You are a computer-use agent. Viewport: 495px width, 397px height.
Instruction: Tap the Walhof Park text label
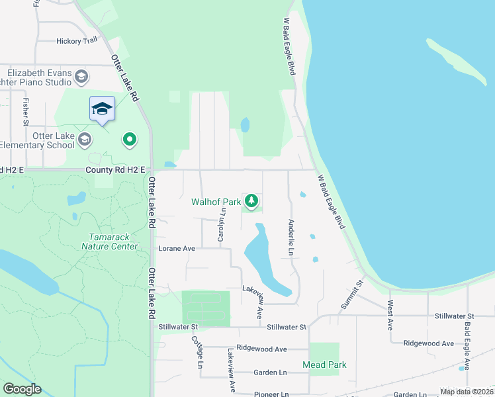click(216, 202)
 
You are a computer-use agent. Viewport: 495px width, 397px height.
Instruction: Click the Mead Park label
click(324, 365)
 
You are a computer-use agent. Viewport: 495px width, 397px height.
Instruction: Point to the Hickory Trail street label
click(77, 41)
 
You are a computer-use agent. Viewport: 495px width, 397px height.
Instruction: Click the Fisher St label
click(25, 112)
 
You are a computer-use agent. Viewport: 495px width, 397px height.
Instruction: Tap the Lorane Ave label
click(177, 248)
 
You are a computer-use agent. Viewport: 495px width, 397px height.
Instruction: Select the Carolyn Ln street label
click(223, 224)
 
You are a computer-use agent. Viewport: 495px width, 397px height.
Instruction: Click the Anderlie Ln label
click(291, 238)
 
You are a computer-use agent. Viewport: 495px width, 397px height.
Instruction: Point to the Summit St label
click(357, 292)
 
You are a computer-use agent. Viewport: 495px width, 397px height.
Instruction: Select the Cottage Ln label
click(196, 352)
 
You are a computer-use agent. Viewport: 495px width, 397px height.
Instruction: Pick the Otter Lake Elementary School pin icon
click(84, 139)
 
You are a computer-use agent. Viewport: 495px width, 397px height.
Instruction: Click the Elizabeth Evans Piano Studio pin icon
click(81, 77)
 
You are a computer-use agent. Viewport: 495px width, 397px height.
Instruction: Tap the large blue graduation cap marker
click(102, 109)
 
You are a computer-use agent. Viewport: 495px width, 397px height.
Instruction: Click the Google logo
click(22, 389)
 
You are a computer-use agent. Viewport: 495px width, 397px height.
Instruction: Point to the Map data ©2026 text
click(467, 392)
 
